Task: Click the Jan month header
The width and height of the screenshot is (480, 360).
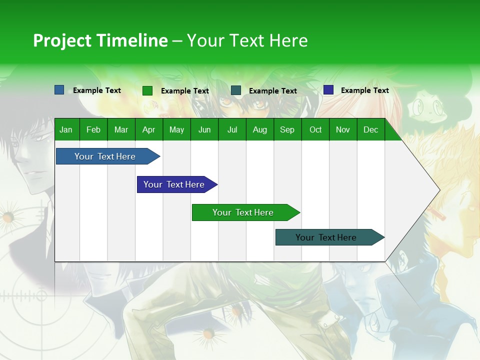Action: [x=66, y=129]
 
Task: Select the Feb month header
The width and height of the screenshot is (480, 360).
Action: [x=93, y=129]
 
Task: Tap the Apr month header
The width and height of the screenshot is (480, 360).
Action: [x=148, y=129]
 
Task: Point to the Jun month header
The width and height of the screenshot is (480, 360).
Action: [x=204, y=129]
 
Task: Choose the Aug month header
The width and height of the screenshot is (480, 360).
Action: [x=259, y=129]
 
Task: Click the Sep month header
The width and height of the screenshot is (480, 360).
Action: [x=287, y=129]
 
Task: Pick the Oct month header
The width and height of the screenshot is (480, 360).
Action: [x=315, y=129]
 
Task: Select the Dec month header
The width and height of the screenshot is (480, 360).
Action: [x=370, y=129]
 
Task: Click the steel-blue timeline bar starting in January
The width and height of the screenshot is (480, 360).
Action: [x=105, y=156]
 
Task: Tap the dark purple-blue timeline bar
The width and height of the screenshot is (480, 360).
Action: [x=174, y=184]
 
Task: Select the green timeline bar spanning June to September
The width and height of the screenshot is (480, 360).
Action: [x=243, y=212]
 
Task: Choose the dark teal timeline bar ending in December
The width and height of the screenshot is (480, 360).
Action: [x=326, y=237]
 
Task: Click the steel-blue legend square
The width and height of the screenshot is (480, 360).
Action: [x=59, y=90]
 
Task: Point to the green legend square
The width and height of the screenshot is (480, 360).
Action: [x=147, y=90]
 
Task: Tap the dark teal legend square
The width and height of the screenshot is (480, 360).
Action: [x=236, y=90]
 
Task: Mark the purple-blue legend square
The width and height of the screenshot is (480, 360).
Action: [x=328, y=90]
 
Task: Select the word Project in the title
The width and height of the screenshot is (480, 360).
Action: [x=62, y=40]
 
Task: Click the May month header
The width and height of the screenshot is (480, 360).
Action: [x=176, y=129]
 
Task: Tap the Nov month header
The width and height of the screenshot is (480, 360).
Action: [x=343, y=129]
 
